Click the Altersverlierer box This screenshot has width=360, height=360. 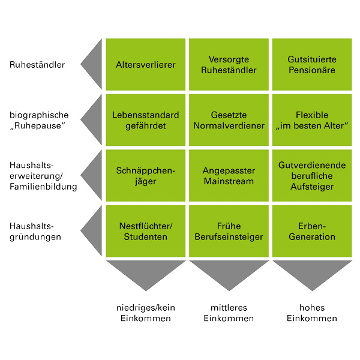[x=145, y=65]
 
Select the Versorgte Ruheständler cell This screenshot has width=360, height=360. [x=228, y=65]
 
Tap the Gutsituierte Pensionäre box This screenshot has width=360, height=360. [x=311, y=65]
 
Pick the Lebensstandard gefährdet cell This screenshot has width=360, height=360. [x=145, y=120]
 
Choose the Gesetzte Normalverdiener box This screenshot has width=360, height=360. [x=228, y=120]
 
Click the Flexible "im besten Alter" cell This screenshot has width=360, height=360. [x=311, y=120]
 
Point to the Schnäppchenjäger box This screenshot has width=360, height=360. [x=145, y=176]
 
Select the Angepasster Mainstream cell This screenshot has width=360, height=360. [x=228, y=176]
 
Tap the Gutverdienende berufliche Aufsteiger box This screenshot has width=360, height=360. [x=311, y=176]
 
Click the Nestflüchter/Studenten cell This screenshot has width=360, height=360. [x=145, y=231]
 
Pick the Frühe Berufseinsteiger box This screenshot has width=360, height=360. [x=228, y=231]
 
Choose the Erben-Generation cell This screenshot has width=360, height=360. [x=311, y=231]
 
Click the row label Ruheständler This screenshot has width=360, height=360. [x=37, y=64]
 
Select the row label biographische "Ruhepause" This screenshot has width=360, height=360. [x=39, y=120]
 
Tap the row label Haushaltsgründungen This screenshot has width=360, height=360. [x=35, y=231]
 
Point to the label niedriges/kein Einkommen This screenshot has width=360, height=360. [x=145, y=313]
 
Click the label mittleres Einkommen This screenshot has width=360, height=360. [x=228, y=313]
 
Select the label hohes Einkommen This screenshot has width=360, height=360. [x=311, y=313]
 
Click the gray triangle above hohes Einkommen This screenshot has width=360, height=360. [x=311, y=272]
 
